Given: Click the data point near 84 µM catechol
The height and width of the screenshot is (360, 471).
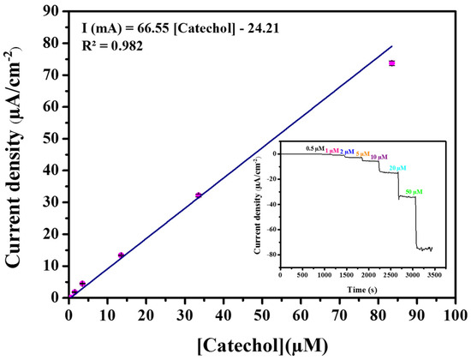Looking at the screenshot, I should click(x=391, y=63).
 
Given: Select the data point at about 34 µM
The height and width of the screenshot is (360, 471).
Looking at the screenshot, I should click(x=199, y=195).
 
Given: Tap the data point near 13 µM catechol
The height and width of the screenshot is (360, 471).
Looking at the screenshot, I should click(x=121, y=255).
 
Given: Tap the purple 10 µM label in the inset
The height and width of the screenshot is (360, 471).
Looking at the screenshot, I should click(x=379, y=158).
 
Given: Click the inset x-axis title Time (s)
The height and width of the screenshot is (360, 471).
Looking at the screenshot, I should click(x=358, y=291).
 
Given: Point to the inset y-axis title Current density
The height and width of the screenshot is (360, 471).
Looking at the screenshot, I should click(x=256, y=206).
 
